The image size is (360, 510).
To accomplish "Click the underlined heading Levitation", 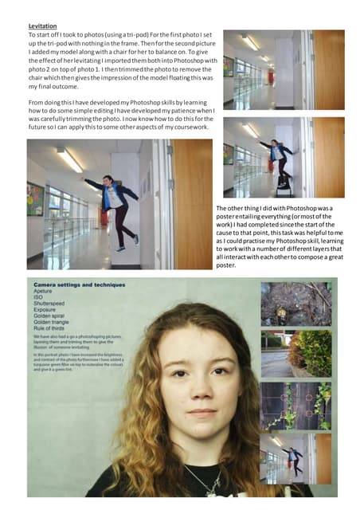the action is point(44,25).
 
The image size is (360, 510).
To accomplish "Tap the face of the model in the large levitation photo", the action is point(109,182).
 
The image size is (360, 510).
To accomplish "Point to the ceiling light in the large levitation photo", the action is point(69,161).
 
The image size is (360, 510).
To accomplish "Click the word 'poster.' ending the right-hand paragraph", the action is point(226,265).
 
